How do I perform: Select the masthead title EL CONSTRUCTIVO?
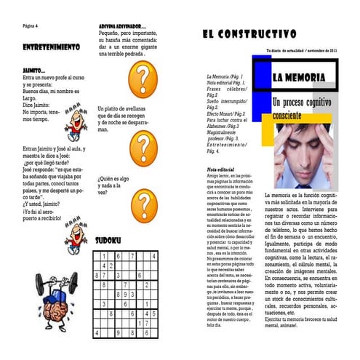point(249,33)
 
